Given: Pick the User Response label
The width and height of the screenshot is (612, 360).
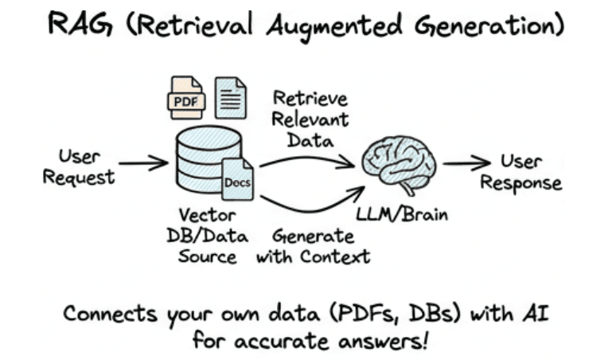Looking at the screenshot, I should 526,173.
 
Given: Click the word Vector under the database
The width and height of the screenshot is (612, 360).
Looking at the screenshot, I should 201,215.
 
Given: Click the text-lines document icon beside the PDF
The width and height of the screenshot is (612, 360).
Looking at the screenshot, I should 232,96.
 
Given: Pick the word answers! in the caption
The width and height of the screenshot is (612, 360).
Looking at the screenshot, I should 380,341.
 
